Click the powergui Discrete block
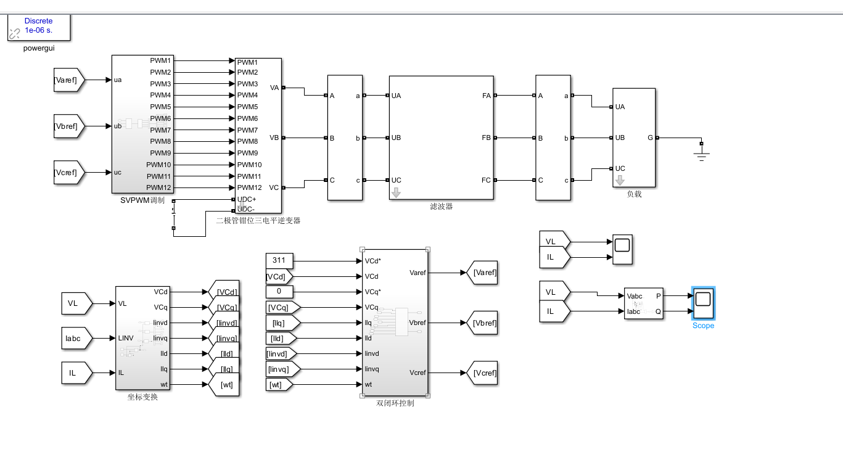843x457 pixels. (x=39, y=27)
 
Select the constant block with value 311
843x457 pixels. (x=279, y=260)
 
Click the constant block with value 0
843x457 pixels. (x=279, y=291)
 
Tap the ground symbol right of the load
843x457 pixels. (x=702, y=154)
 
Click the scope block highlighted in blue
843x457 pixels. (x=703, y=303)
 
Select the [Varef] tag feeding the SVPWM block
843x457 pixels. (x=69, y=80)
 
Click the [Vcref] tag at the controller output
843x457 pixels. (x=482, y=373)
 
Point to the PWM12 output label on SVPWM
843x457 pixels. (x=158, y=187)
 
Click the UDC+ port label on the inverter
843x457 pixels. (x=247, y=199)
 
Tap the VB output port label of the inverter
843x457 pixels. (x=274, y=138)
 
